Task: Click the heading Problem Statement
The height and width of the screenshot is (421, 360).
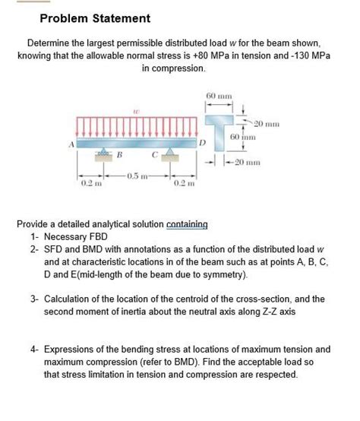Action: (x=84, y=18)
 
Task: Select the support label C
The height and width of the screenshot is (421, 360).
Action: (x=154, y=158)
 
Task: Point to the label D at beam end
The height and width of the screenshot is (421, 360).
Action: (x=202, y=143)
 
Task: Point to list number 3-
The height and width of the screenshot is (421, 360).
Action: (x=36, y=299)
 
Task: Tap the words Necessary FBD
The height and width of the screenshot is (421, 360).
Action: (x=77, y=236)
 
